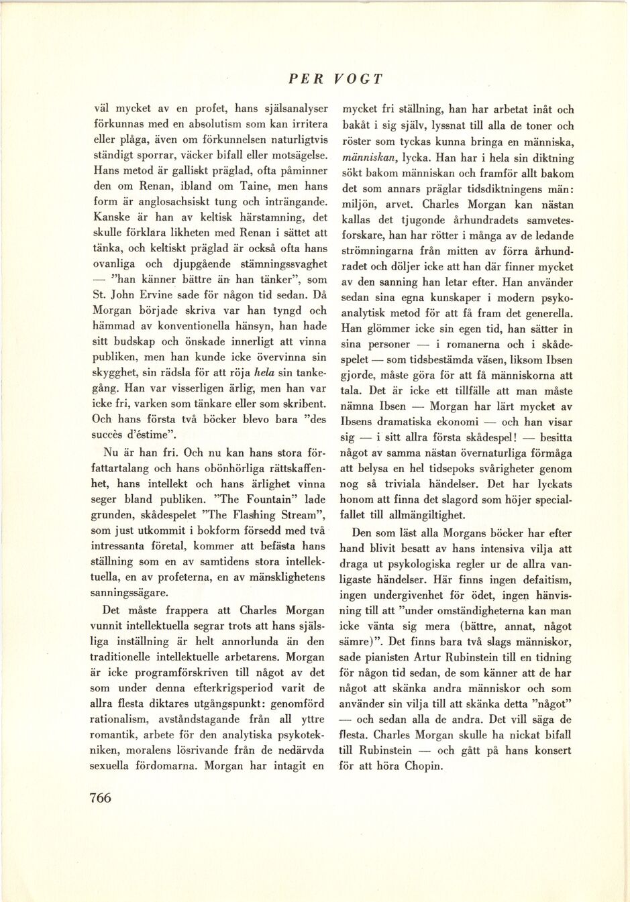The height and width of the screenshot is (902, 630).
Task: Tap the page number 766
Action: [100, 797]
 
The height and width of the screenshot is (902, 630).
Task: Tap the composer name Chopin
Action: [423, 766]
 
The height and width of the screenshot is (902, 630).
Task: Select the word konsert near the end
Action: [552, 750]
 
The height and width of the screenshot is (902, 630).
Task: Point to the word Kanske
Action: [111, 217]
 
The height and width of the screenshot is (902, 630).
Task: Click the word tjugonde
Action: [426, 221]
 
